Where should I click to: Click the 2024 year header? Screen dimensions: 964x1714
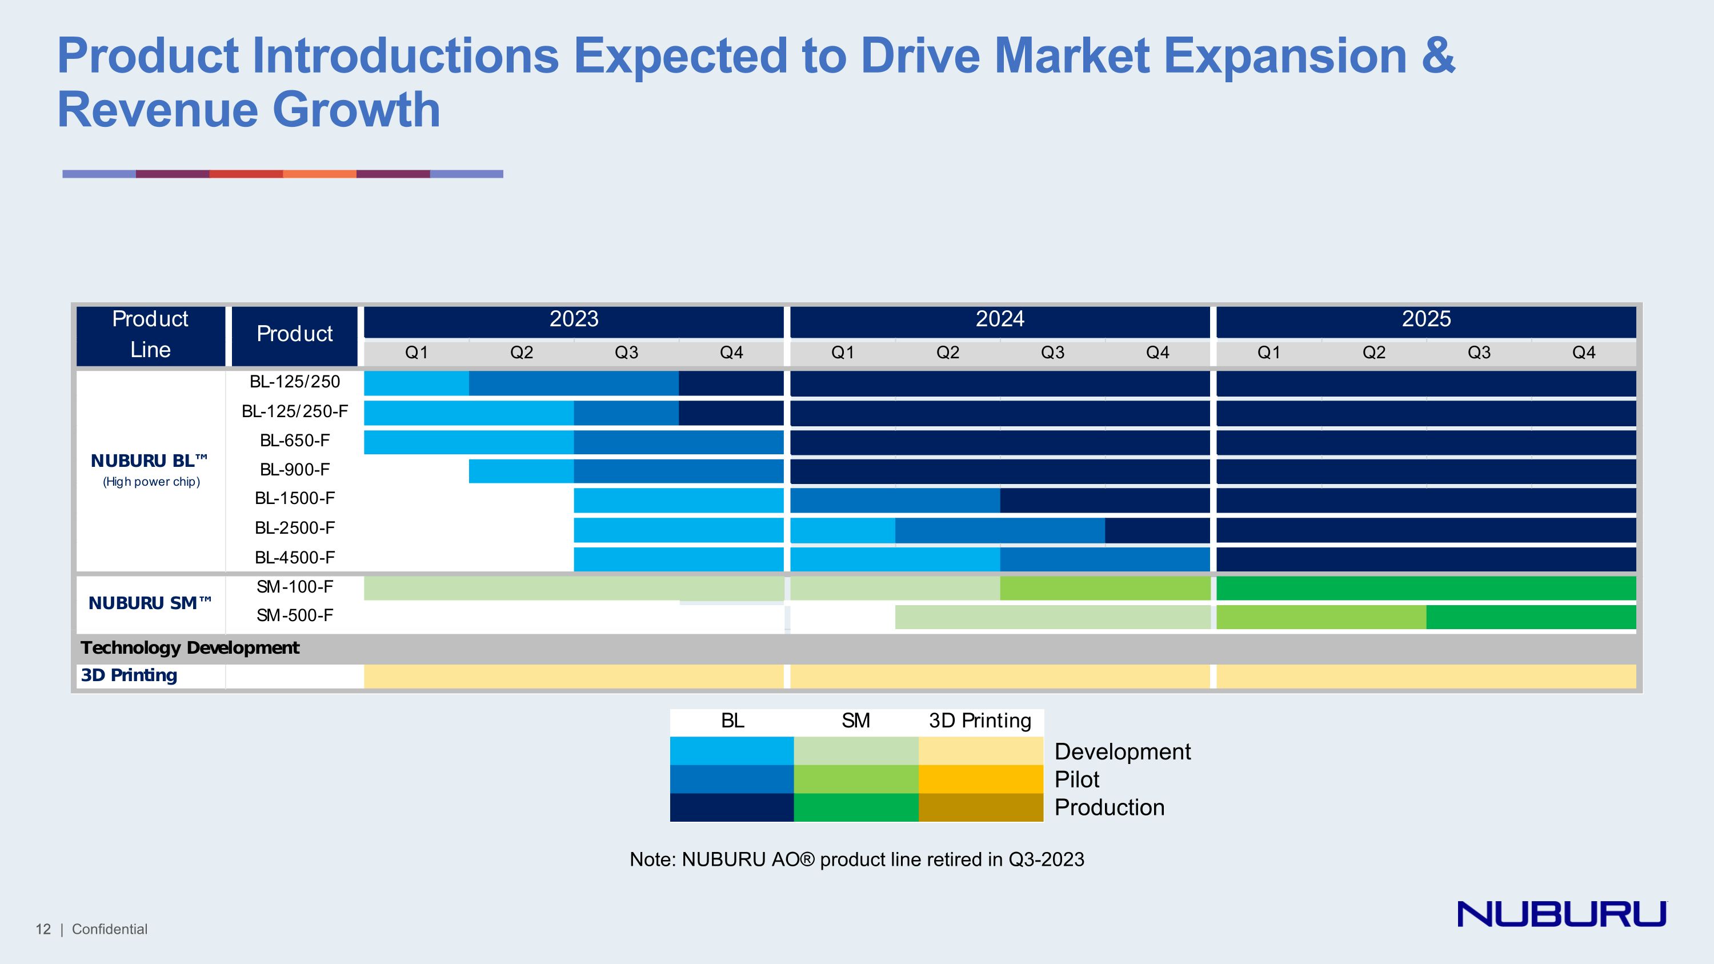coord(999,319)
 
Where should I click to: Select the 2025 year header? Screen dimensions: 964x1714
coord(1426,319)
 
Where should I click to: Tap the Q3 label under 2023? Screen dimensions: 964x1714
coord(626,353)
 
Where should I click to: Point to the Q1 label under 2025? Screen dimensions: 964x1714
coord(1269,353)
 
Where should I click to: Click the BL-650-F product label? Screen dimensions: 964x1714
coord(295,441)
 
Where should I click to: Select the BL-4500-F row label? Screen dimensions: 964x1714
coord(295,558)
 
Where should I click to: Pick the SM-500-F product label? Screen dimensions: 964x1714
coord(295,615)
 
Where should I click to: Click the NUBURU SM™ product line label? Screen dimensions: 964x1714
coord(150,603)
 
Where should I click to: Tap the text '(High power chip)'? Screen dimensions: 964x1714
coord(151,482)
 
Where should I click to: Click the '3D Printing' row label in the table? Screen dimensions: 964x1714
coord(129,675)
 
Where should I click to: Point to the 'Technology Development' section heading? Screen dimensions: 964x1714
coord(190,648)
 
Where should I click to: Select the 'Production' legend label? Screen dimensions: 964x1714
coord(1109,807)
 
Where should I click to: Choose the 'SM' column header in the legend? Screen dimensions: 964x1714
coord(856,721)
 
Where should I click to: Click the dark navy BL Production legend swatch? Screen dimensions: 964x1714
coord(731,807)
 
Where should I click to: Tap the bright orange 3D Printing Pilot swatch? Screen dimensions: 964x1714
coord(981,779)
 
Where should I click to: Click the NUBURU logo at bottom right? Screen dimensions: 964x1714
coord(1561,914)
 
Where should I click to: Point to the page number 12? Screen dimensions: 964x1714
coord(43,929)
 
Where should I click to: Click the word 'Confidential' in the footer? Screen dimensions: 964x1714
coord(110,929)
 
